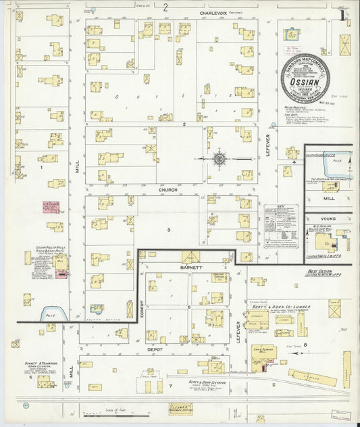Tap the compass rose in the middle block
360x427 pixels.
click(x=220, y=159)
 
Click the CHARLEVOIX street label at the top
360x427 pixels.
click(x=216, y=12)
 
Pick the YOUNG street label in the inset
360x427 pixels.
click(x=329, y=219)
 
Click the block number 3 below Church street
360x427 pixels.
click(x=170, y=230)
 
